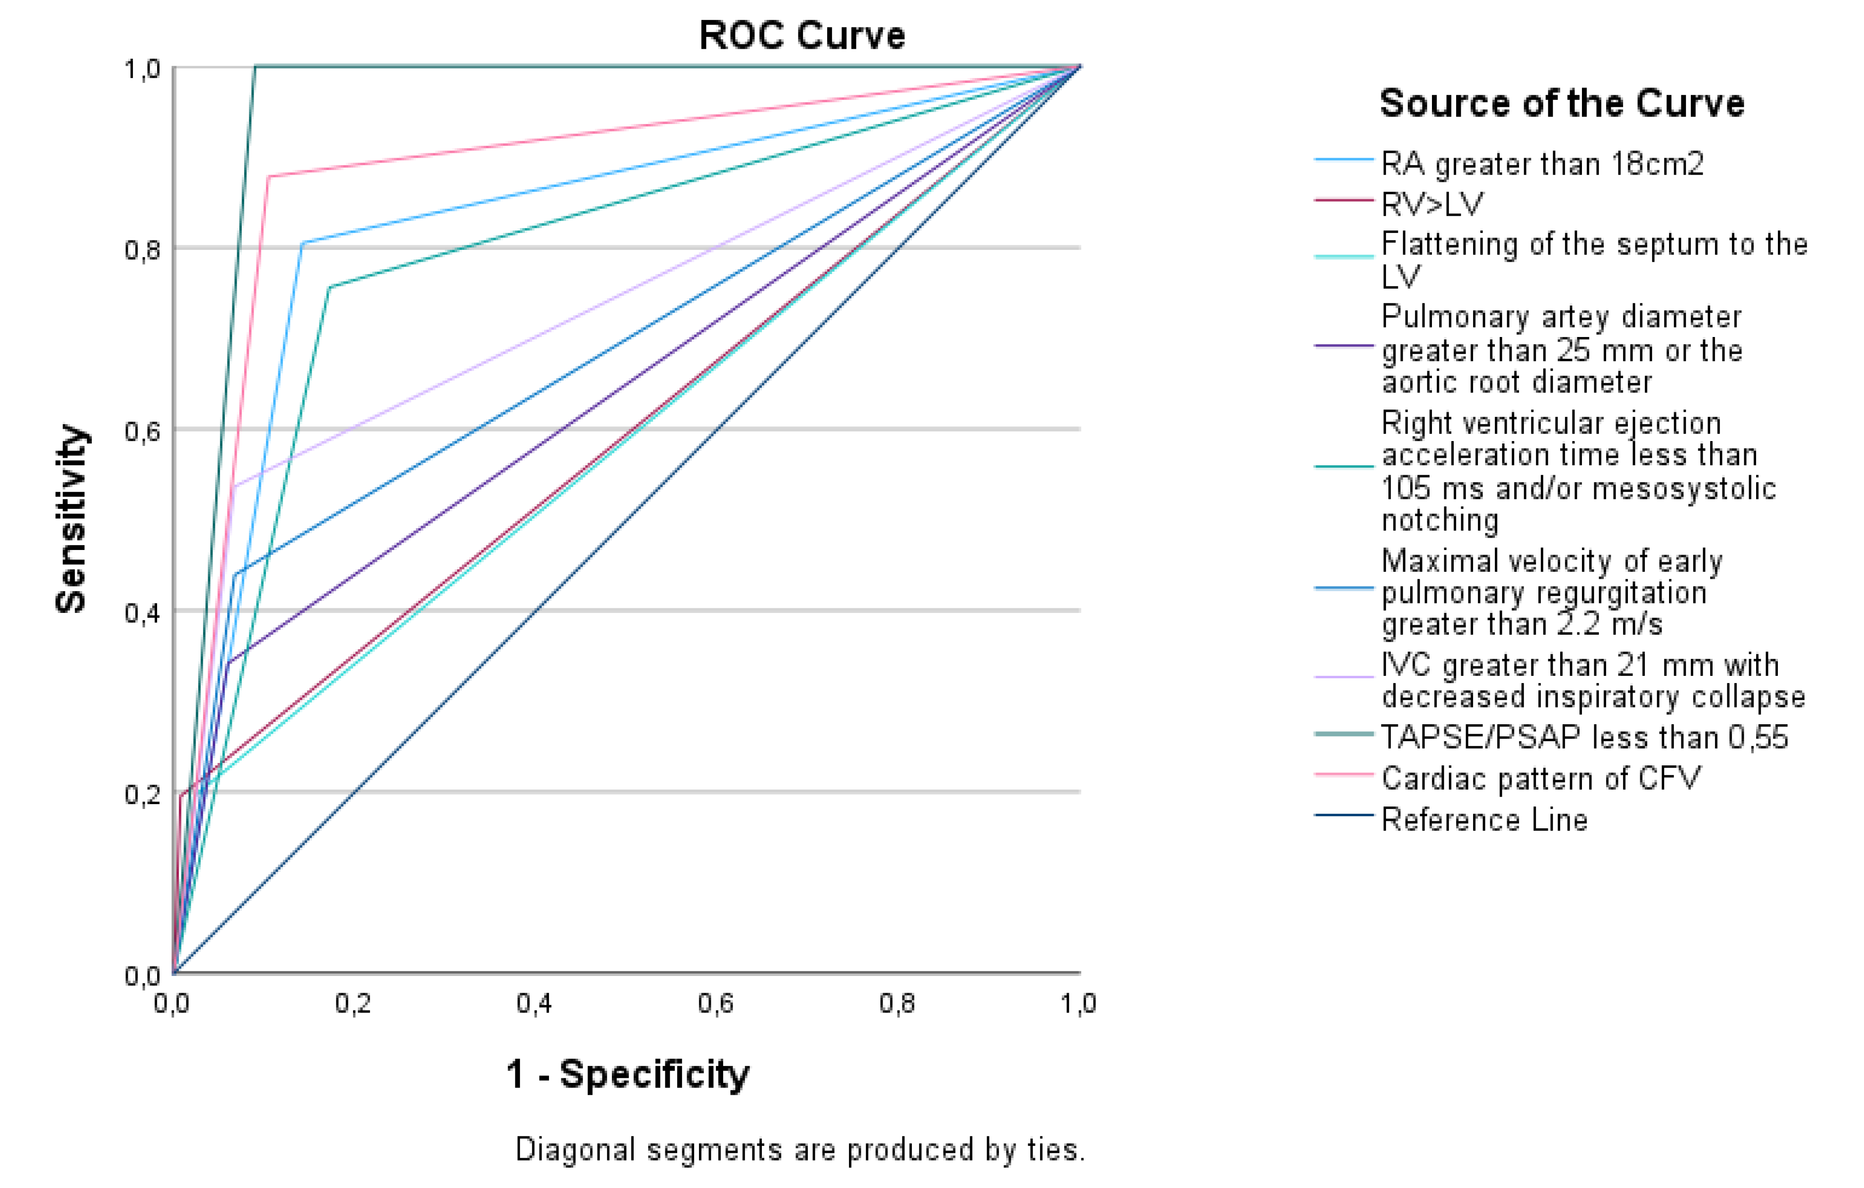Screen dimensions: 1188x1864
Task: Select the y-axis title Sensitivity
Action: tap(71, 518)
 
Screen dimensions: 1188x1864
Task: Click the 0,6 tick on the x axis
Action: tap(715, 1004)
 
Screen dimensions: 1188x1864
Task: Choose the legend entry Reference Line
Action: tap(1484, 819)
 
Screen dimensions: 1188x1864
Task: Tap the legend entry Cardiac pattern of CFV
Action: tap(1540, 778)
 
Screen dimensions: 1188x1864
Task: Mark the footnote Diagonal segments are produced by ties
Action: tap(800, 1149)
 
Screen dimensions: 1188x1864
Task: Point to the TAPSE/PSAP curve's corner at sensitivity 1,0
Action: tap(256, 67)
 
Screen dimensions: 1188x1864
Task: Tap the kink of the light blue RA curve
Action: tap(302, 243)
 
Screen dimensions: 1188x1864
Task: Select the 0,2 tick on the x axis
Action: tap(353, 1004)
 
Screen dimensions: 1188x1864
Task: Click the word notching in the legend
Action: tap(1440, 520)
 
